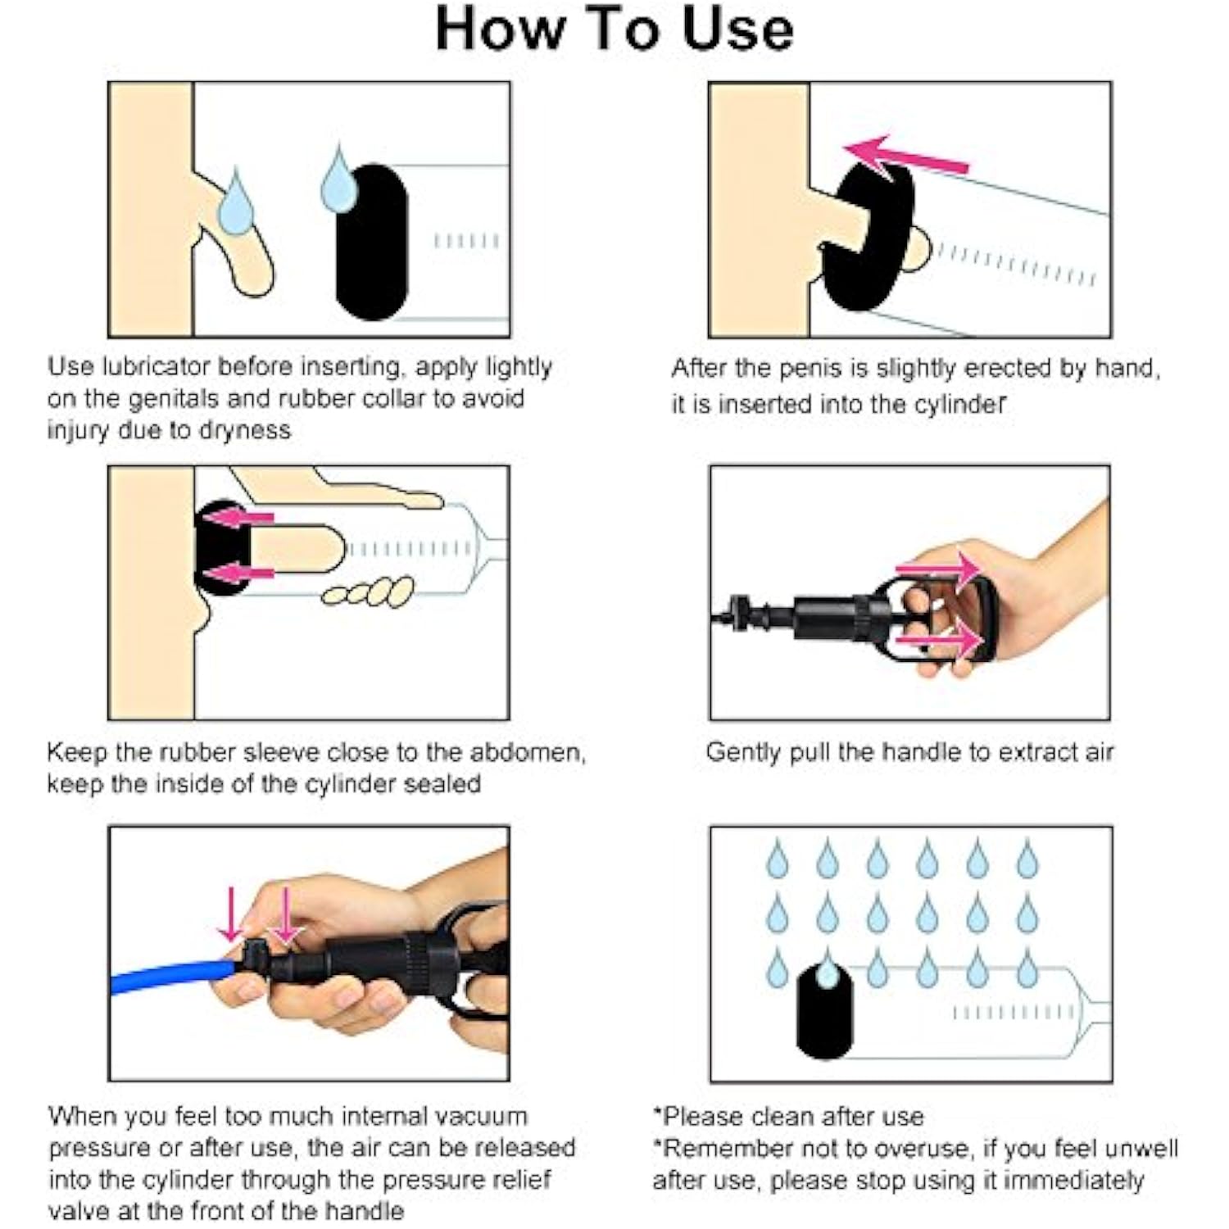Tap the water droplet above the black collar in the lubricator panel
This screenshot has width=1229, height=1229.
pos(339,179)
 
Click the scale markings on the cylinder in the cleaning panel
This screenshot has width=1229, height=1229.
pos(1014,1014)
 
